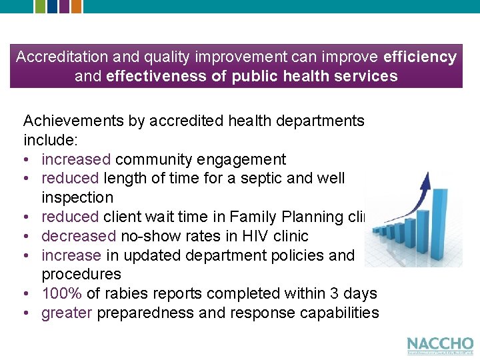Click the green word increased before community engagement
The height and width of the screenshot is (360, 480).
pos(76,159)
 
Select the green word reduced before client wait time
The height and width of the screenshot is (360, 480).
pos(69,217)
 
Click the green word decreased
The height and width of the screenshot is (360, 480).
pos(79,235)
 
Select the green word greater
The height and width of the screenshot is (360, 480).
pos(67,313)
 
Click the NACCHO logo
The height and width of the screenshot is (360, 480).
pos(440,345)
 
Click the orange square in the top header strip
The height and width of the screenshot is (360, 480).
pos(76,6)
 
